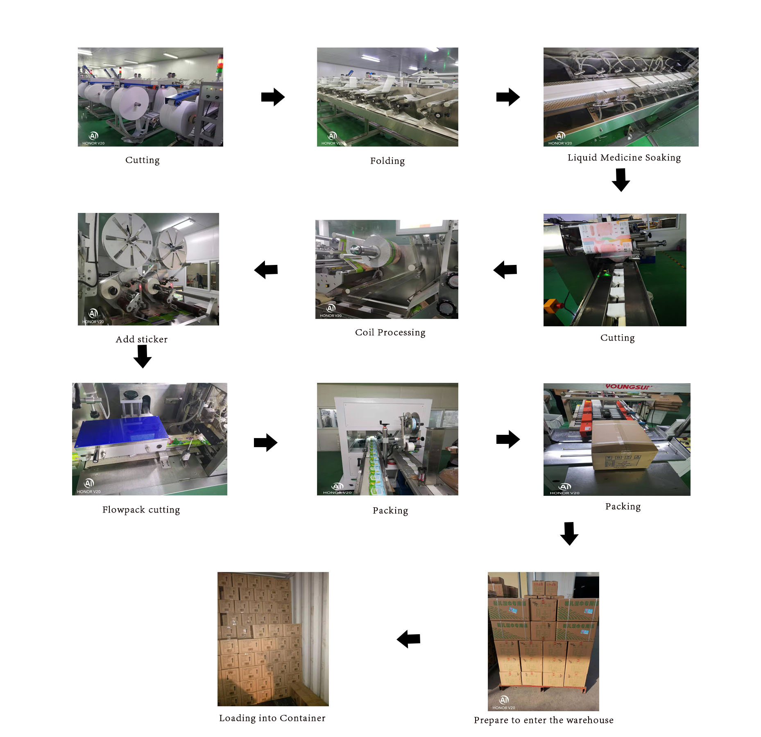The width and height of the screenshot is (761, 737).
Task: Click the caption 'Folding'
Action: (x=387, y=161)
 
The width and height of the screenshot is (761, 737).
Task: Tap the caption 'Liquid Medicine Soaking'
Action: (x=624, y=158)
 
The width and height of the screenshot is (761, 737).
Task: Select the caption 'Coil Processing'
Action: (x=390, y=332)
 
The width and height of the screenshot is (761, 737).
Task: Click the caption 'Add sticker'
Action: (x=142, y=339)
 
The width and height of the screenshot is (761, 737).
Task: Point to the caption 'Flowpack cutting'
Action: (x=141, y=510)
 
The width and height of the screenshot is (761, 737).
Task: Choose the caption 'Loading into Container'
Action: (x=272, y=718)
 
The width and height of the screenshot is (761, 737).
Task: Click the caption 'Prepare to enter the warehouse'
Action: (x=544, y=720)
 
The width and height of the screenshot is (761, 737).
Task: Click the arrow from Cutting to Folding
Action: (x=273, y=97)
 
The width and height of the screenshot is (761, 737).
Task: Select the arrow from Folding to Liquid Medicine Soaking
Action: (x=508, y=97)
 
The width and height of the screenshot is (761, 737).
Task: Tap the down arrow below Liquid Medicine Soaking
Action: (x=621, y=180)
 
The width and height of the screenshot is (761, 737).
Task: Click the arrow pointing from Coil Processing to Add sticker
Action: (x=266, y=270)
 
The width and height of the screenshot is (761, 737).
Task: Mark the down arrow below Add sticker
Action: (x=143, y=356)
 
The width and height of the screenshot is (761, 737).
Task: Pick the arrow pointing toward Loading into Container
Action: (x=408, y=639)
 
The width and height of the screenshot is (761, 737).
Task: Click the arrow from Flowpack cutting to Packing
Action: (x=265, y=443)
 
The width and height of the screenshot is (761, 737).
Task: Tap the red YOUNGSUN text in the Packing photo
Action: (x=627, y=387)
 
